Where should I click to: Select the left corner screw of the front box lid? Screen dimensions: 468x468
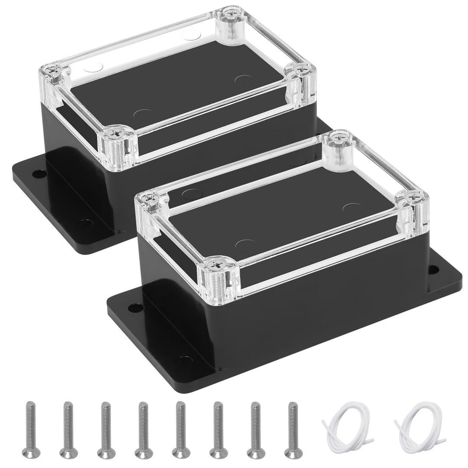[150, 198]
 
